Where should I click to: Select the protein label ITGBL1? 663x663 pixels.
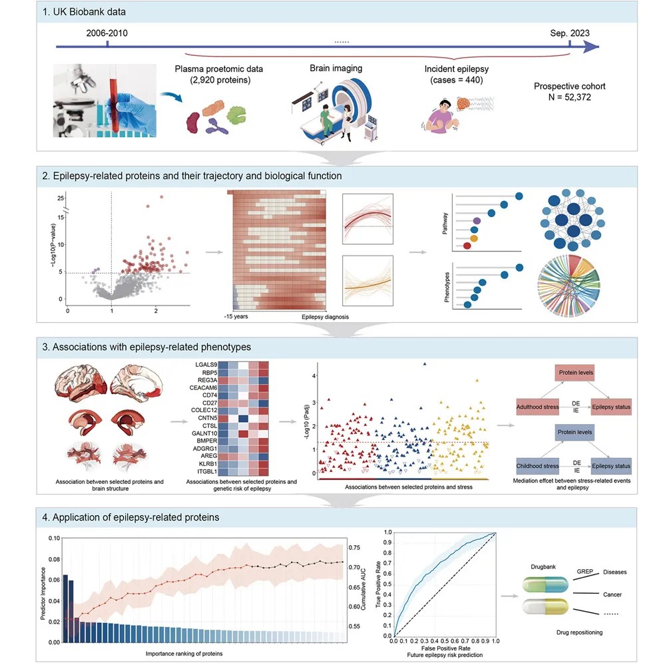pyautogui.click(x=206, y=472)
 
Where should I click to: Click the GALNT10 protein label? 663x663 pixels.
pyautogui.click(x=204, y=433)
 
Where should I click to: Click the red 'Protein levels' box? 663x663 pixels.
pyautogui.click(x=576, y=373)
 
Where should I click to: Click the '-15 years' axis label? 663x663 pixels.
pyautogui.click(x=236, y=318)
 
